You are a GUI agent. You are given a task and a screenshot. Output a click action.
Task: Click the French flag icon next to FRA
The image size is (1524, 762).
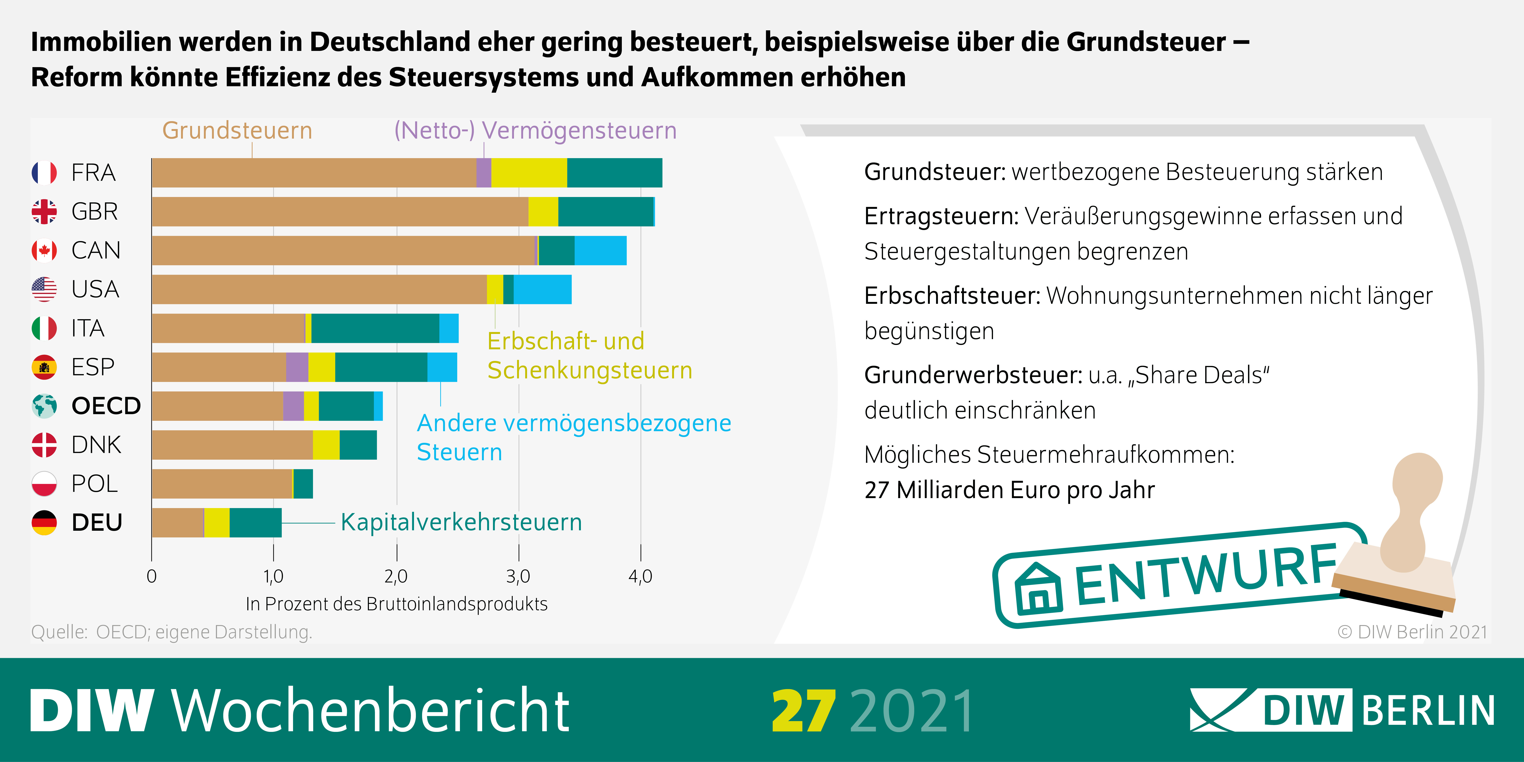point(44,173)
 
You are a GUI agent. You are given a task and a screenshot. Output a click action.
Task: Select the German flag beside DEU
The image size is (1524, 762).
point(44,522)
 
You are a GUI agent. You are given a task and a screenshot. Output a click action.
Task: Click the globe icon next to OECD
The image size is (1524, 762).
point(44,406)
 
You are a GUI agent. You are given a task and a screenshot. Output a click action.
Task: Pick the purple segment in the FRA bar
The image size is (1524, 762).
point(483,173)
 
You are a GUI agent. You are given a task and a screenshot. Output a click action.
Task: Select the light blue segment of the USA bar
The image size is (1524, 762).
point(542,289)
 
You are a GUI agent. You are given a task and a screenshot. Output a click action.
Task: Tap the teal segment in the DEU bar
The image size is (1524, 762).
point(256,522)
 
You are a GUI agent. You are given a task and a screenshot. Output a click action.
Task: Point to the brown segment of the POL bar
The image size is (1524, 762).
point(222,484)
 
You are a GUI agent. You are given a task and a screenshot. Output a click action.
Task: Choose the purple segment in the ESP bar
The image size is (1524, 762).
point(297,367)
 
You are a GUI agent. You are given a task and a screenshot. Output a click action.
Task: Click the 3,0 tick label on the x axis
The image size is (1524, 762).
point(518,576)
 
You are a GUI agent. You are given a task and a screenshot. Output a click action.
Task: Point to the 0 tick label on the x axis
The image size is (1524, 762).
point(152,576)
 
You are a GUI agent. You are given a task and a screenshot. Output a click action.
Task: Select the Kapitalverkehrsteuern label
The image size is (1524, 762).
point(461,522)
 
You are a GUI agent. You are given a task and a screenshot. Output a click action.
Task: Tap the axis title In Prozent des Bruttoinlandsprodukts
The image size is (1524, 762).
point(396,604)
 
